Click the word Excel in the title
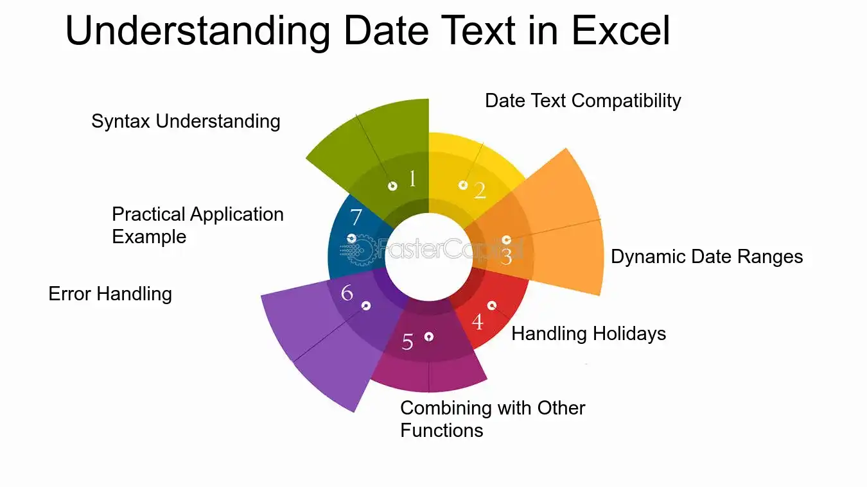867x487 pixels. (620, 31)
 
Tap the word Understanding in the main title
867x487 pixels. (198, 33)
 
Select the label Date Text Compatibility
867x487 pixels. (583, 101)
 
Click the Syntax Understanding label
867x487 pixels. (186, 121)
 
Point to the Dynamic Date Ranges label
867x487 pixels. (706, 257)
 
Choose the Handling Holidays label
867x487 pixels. (588, 334)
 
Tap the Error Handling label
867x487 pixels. (110, 294)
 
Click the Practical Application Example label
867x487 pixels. (198, 225)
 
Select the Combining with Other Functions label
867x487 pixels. (493, 419)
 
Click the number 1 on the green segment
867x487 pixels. (412, 178)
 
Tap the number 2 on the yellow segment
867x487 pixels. (480, 191)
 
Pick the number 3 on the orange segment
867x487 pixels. (506, 256)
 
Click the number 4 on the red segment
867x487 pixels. (478, 321)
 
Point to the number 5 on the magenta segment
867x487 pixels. (407, 341)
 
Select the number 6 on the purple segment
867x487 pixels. (347, 293)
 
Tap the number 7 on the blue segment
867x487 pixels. (356, 217)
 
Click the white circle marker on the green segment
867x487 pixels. (392, 186)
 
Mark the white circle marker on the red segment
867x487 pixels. (492, 306)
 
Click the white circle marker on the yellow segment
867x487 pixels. (463, 185)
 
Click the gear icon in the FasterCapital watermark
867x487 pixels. (360, 250)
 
